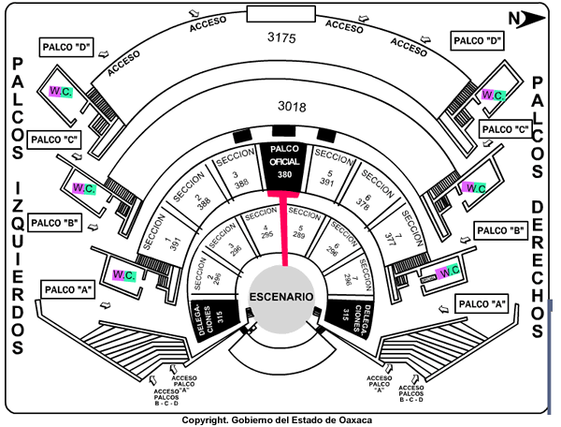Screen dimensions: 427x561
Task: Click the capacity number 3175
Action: (281, 38)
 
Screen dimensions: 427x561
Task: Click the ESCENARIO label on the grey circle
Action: (280, 297)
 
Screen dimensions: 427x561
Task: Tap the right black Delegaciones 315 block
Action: (349, 317)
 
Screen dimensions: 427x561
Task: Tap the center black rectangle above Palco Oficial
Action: (281, 131)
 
